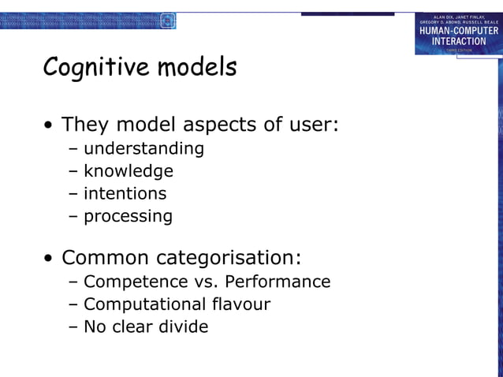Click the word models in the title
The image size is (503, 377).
tap(197, 68)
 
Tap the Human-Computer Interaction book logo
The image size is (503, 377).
tap(458, 34)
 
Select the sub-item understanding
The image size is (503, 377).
tap(143, 148)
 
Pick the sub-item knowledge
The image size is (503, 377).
tap(129, 171)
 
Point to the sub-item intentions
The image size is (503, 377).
tap(125, 193)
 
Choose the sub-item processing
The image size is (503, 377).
tap(128, 216)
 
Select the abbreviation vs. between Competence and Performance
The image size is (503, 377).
tap(200, 282)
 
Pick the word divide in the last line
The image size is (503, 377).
tap(184, 327)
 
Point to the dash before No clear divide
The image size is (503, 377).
tap(73, 327)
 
